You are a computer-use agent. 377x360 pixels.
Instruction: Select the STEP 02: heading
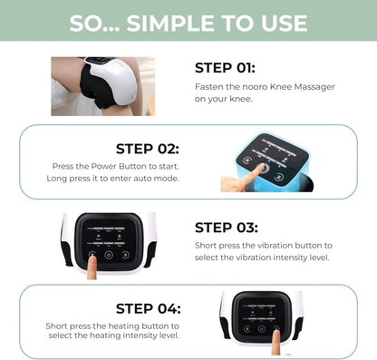148,148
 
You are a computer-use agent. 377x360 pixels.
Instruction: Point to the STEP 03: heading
227,228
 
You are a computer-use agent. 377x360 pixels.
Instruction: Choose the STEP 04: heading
148,307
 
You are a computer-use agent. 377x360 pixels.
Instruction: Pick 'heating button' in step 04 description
134,325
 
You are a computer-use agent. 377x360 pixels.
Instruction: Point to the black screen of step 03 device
108,237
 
